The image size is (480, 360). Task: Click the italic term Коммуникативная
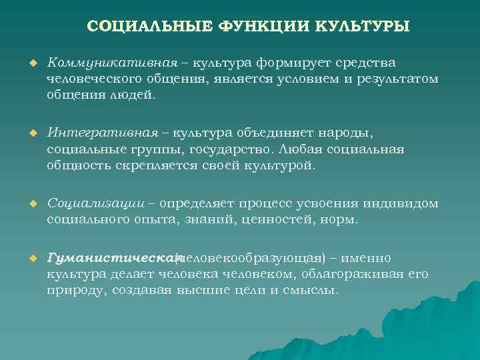112,63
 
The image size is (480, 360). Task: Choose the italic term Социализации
97,203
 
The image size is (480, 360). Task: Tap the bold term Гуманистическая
113,258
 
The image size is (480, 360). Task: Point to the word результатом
397,79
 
